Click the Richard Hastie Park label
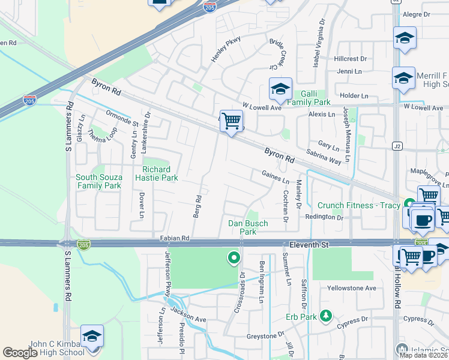(160, 174)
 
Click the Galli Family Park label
(307, 98)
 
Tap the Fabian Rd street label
(175, 238)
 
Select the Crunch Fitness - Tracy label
(358, 205)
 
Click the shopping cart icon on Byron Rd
(231, 121)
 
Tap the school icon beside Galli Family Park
(280, 90)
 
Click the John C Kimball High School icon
(92, 337)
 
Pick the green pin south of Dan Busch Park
(234, 259)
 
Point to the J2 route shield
(397, 145)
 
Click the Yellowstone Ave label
(351, 288)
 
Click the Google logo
(20, 353)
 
